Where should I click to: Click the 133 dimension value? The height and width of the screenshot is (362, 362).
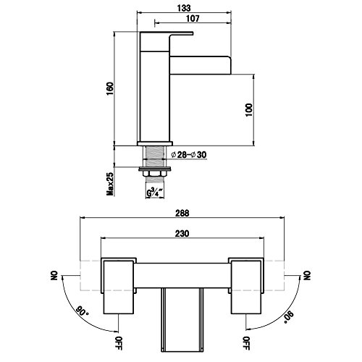(x=184, y=8)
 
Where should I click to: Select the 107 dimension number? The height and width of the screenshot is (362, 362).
(x=193, y=18)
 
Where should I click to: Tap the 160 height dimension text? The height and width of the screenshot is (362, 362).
(x=110, y=88)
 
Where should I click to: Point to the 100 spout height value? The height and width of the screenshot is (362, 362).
(x=248, y=110)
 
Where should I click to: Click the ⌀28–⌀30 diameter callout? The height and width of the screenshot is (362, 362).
(x=189, y=155)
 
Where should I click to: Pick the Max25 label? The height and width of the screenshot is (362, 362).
(x=110, y=184)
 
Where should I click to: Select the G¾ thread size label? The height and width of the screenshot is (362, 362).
(x=155, y=193)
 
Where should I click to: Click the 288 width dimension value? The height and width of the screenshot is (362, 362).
(x=182, y=214)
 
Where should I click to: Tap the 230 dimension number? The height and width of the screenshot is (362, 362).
(x=182, y=234)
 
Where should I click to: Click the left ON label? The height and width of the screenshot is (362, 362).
(x=54, y=275)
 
